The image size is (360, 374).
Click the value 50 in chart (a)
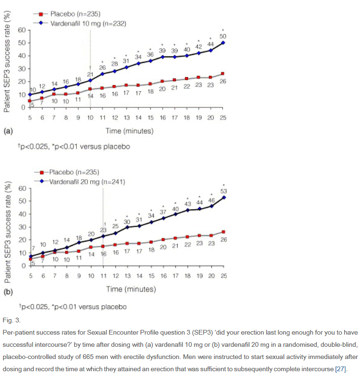(223, 36)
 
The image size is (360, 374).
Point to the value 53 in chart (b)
(223, 191)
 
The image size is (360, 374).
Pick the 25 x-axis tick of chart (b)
(223, 275)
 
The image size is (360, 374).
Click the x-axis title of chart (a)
(129, 130)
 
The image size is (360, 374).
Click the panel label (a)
(8, 131)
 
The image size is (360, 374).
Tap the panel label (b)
(8, 291)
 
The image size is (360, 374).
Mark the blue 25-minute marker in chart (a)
(223, 43)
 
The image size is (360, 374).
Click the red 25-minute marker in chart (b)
(223, 232)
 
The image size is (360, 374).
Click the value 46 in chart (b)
(211, 200)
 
